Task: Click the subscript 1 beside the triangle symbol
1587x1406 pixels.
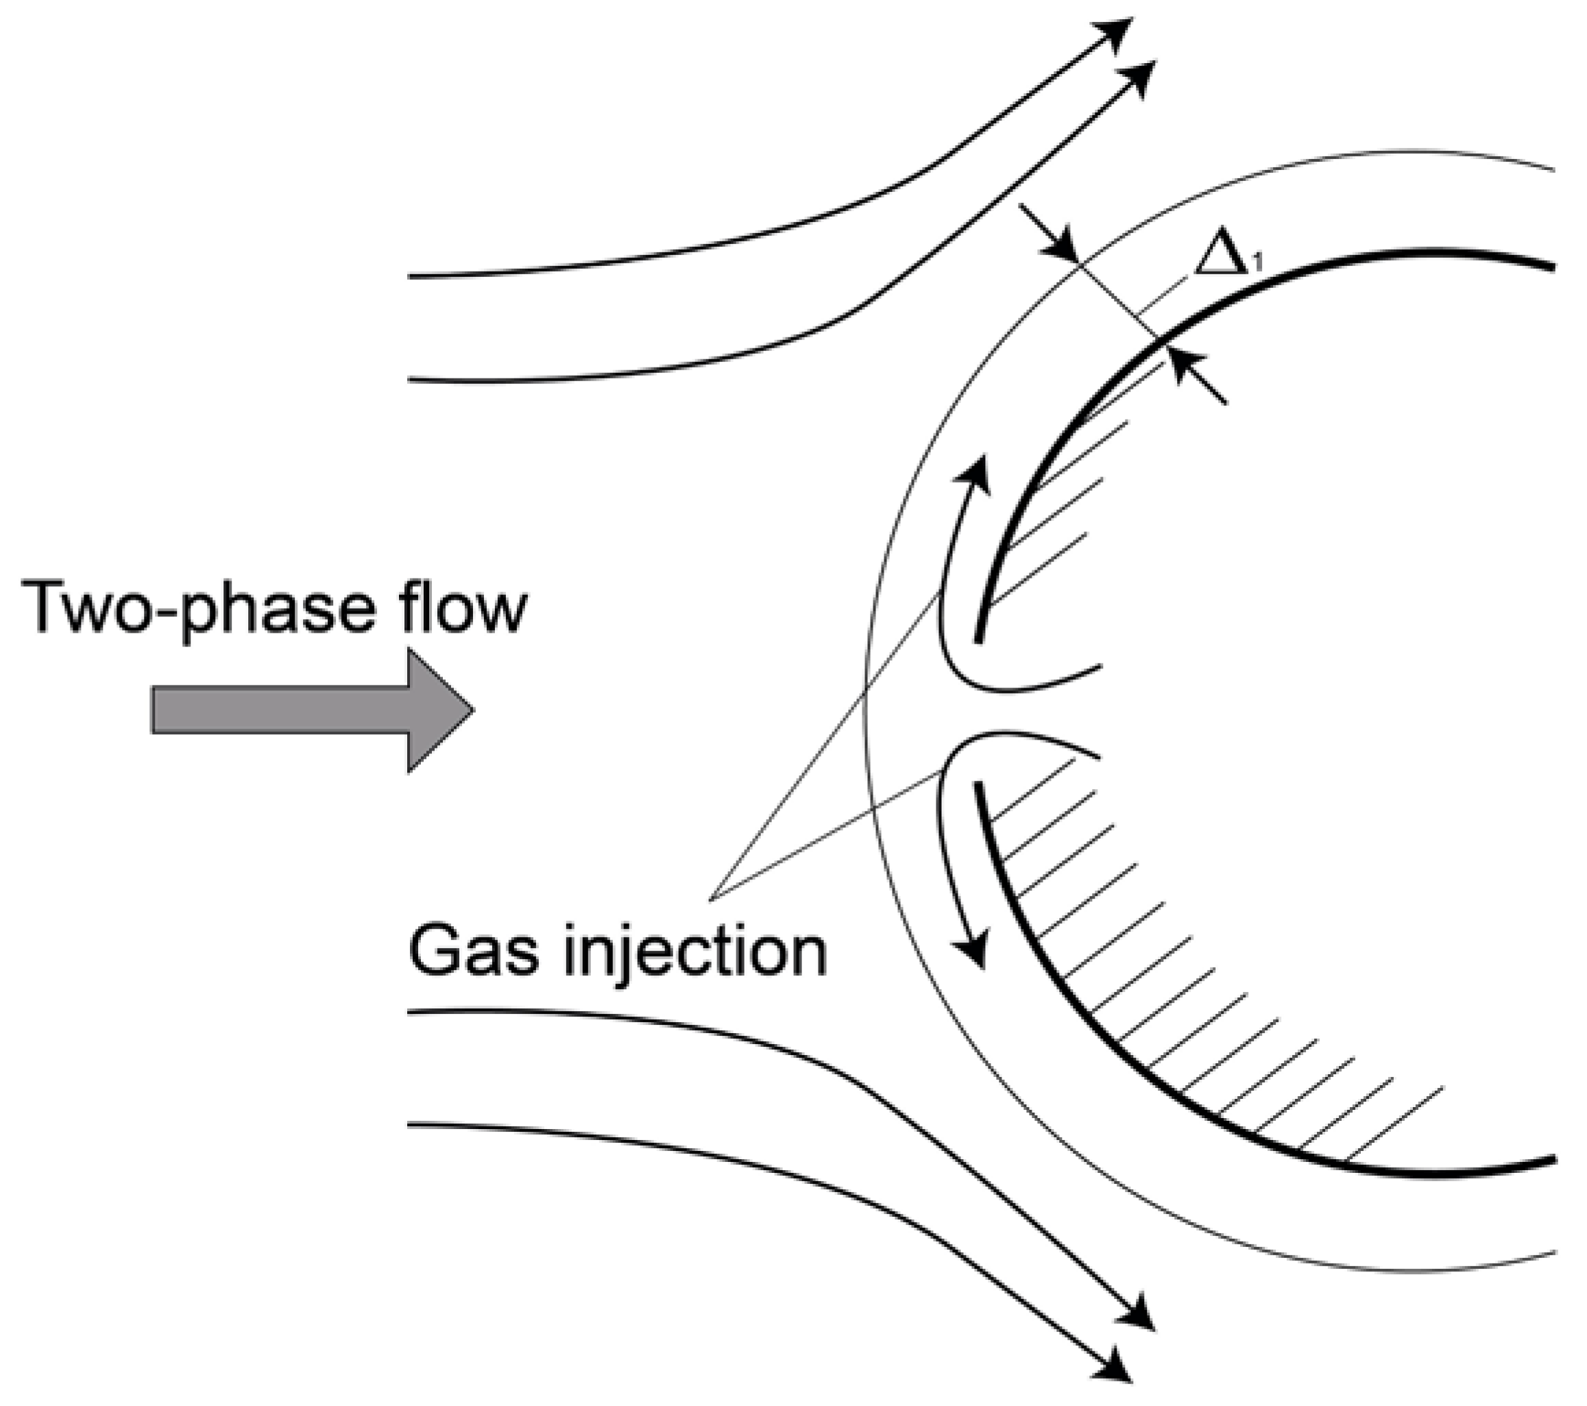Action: click(1257, 265)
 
